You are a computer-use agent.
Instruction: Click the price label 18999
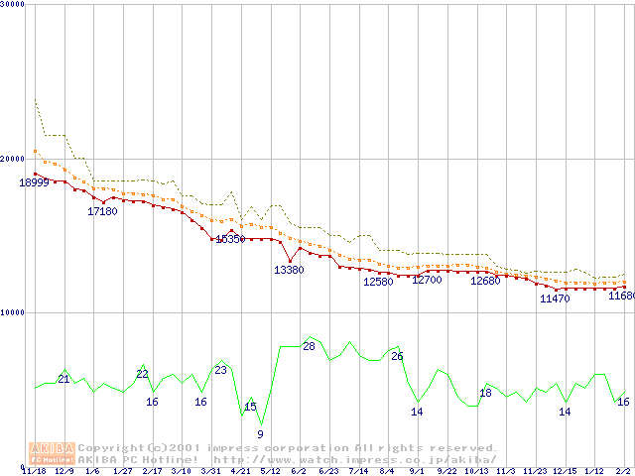(34, 182)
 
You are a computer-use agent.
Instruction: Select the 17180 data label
(102, 211)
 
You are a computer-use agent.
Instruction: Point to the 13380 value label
(289, 270)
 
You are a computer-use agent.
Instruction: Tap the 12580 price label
(378, 282)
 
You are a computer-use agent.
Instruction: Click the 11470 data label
(555, 298)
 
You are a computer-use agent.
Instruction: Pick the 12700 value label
(427, 281)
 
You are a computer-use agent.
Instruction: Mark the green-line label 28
(309, 346)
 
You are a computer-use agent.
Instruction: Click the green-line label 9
(260, 434)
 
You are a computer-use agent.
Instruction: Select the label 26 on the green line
(397, 356)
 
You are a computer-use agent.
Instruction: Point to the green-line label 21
(63, 379)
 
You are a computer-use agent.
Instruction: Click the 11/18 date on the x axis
(34, 471)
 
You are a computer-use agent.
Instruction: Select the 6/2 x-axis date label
(299, 471)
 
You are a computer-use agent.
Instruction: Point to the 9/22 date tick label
(446, 471)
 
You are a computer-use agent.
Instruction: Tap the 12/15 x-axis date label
(564, 471)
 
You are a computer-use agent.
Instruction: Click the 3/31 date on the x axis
(210, 471)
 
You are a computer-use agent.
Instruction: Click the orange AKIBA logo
(52, 453)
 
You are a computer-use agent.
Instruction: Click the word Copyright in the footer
(111, 448)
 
